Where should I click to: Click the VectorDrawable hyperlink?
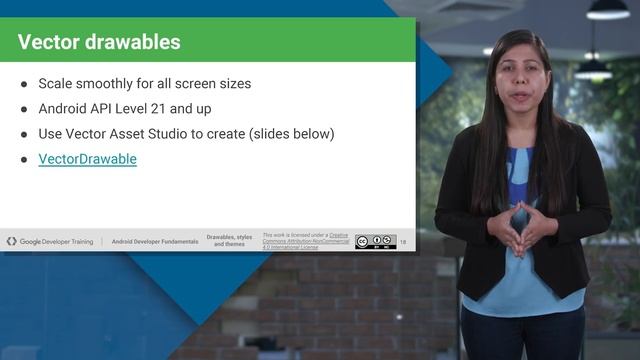[x=87, y=159]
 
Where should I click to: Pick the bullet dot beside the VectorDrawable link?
[x=24, y=159]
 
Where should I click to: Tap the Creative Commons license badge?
[x=375, y=241]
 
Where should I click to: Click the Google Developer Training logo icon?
[x=12, y=242]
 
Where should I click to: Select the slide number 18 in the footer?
[x=403, y=242]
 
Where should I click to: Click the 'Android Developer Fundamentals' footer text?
[x=154, y=242]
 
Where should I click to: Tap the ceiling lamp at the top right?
[x=607, y=10]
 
